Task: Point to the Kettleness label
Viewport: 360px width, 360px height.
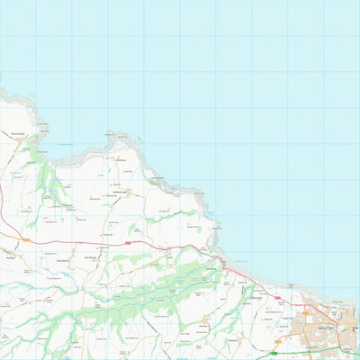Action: pos(123,160)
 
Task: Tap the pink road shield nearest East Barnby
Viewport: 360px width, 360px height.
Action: pos(128,242)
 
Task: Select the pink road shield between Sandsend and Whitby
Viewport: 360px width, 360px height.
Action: pos(277,298)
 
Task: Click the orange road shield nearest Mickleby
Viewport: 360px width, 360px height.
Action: pos(26,240)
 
